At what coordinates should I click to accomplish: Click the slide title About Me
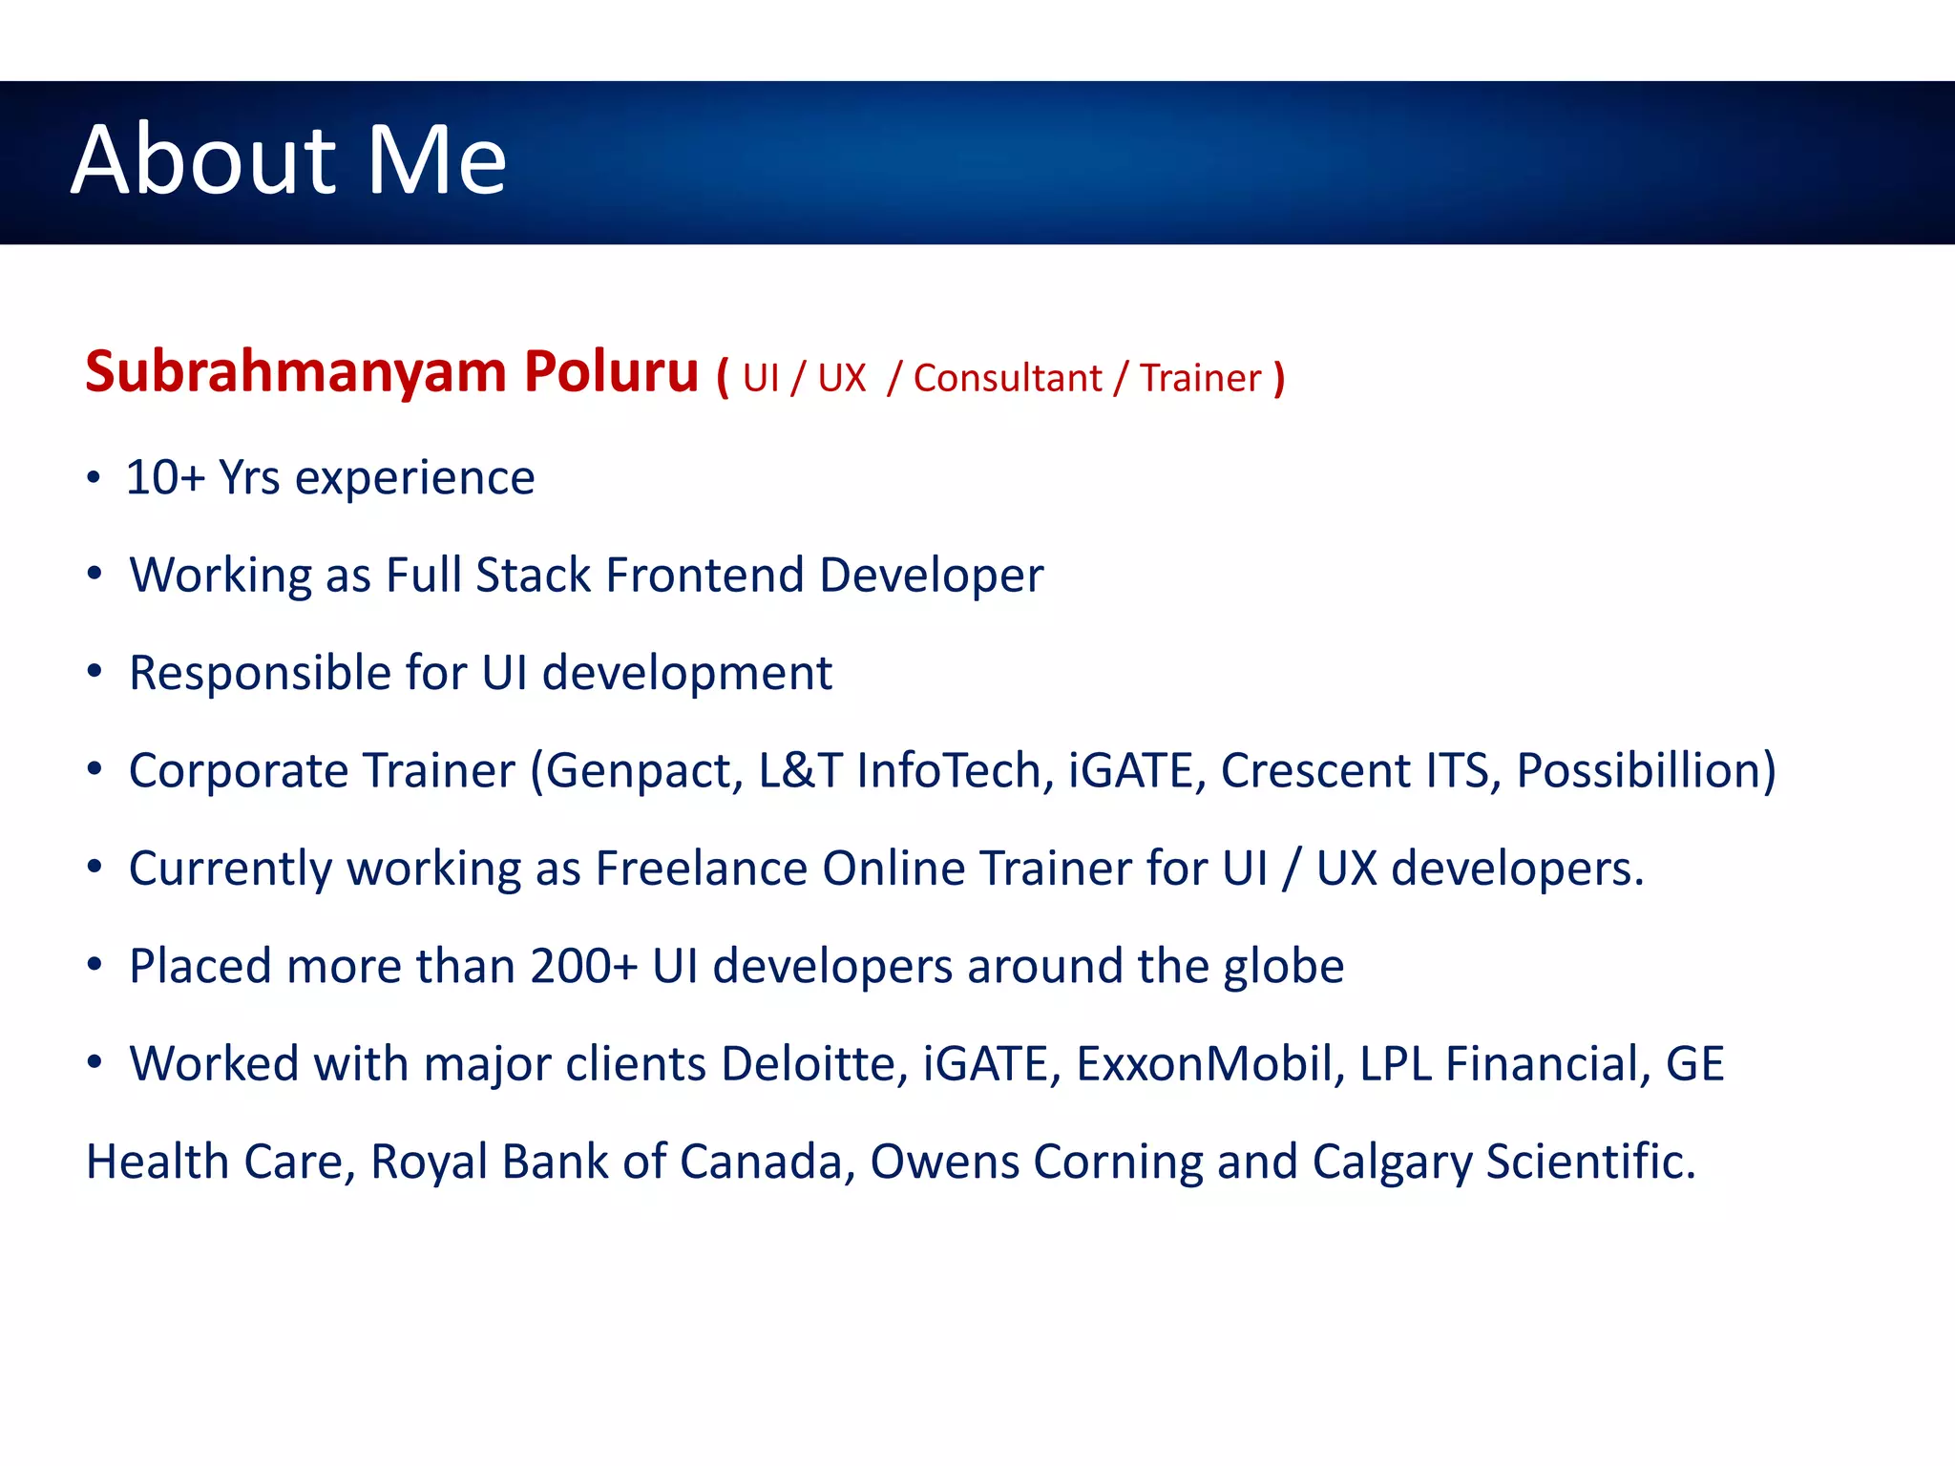288,160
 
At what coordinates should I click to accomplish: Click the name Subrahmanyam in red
295,372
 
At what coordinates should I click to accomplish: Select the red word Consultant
1007,379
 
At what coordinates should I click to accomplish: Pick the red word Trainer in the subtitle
1200,379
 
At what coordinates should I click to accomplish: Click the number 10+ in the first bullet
165,477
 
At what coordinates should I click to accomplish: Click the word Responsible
260,674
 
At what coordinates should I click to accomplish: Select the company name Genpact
643,771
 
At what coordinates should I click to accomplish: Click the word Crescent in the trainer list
1315,771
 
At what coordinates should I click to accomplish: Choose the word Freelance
702,869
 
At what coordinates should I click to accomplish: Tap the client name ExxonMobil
1204,1064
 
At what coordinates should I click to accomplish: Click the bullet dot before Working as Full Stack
94,575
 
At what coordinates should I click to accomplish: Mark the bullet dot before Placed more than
94,966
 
